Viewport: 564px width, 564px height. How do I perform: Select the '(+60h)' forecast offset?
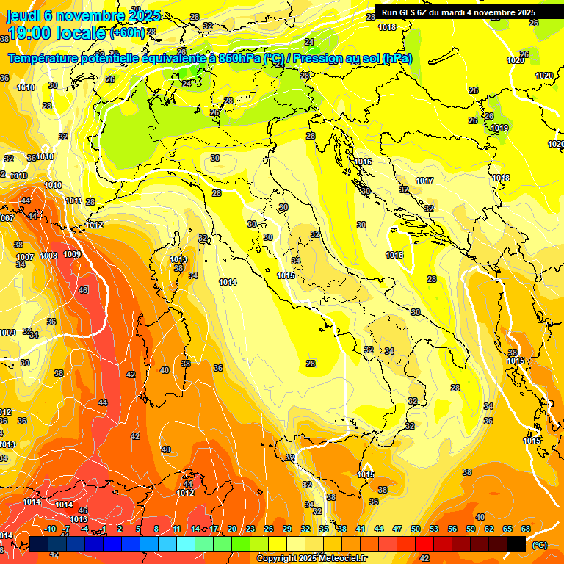coord(128,33)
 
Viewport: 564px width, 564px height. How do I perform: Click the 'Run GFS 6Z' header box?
coord(458,12)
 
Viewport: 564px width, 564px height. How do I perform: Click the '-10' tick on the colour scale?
coord(50,529)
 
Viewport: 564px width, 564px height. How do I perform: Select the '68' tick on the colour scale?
coord(526,529)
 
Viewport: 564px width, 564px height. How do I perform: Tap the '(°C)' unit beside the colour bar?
coord(539,545)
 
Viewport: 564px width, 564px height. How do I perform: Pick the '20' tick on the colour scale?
coord(232,529)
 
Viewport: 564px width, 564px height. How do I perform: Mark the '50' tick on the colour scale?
coord(416,529)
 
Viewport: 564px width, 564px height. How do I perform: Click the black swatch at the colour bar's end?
coord(516,543)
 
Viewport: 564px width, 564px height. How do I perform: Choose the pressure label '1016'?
coord(363,162)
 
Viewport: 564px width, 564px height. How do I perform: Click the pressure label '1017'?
coord(424,181)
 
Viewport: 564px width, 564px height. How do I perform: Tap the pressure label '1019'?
coord(499,128)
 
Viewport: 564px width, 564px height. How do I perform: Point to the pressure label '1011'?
coord(73,200)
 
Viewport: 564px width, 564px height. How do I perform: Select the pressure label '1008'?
coord(48,256)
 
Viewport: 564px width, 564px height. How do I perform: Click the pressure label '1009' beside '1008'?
coord(72,254)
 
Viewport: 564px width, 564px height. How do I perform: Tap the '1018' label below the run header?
coord(387,27)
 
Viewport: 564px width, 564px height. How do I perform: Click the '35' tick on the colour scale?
coord(324,529)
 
